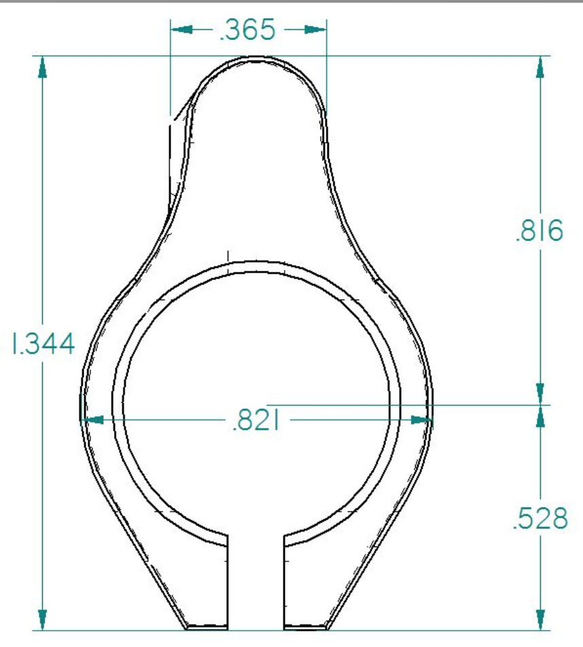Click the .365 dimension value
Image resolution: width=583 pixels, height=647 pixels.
click(247, 30)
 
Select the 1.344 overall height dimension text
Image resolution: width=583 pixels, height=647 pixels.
click(43, 344)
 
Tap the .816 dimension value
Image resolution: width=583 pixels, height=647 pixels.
click(540, 230)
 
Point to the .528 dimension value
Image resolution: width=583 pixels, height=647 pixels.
click(540, 519)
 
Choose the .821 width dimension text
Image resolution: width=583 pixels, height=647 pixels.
click(255, 421)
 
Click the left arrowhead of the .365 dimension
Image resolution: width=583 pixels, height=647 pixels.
click(181, 30)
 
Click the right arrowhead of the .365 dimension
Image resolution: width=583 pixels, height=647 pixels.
click(316, 30)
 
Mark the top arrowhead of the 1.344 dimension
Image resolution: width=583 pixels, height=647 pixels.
click(42, 67)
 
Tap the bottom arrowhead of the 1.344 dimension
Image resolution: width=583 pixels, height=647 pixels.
click(42, 620)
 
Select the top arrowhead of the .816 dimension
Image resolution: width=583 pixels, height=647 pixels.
click(540, 67)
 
